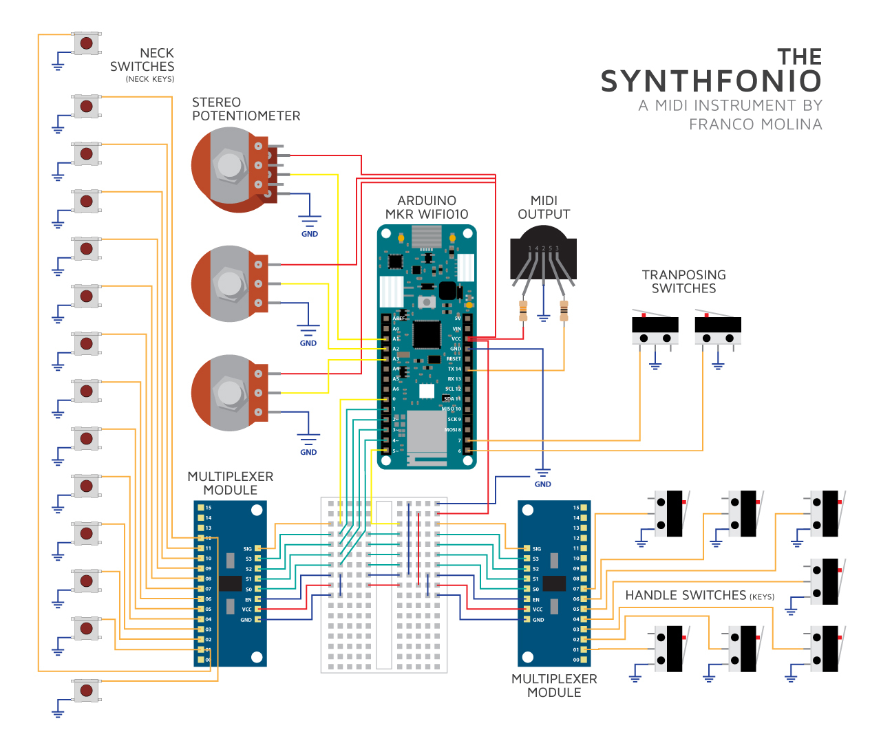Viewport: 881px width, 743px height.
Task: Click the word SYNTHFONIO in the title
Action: click(711, 81)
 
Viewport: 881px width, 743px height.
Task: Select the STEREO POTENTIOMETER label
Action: click(246, 109)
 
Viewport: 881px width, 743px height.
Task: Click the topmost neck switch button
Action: click(86, 43)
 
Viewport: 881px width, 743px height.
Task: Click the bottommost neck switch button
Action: click(86, 690)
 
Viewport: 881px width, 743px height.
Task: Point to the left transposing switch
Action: click(655, 330)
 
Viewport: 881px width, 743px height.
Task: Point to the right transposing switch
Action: click(718, 330)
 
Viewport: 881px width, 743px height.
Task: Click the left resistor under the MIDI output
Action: click(523, 311)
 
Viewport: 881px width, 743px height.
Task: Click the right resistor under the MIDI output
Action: click(564, 311)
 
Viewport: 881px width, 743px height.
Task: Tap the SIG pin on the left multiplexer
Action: click(257, 548)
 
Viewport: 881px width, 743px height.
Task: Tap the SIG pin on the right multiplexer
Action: click(527, 548)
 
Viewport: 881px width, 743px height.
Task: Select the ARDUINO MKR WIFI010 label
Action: click(427, 207)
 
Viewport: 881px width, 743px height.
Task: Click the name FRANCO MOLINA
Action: click(755, 125)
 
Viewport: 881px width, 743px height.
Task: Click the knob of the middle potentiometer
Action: click(229, 283)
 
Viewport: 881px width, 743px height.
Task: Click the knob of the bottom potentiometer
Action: click(229, 393)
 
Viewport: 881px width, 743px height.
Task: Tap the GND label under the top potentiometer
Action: click(310, 234)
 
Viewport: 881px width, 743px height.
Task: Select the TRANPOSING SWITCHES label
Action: click(683, 281)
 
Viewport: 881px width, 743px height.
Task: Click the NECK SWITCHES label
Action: click(142, 60)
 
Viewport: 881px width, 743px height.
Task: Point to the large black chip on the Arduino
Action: click(427, 334)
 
